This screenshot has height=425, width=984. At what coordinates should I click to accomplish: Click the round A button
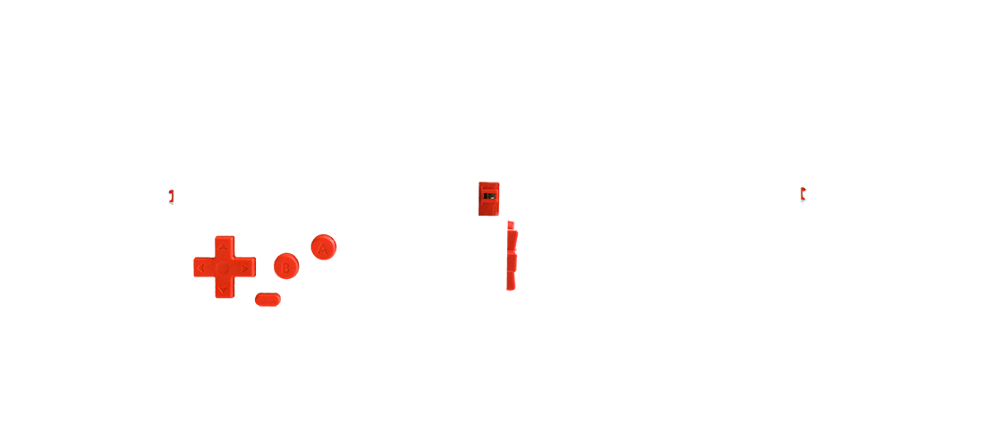[323, 248]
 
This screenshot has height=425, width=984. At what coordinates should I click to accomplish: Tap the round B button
[284, 266]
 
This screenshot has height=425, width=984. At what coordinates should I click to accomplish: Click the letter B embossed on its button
[285, 266]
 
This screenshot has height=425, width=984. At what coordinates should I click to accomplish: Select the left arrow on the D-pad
[201, 268]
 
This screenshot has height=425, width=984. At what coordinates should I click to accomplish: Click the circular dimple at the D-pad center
[222, 268]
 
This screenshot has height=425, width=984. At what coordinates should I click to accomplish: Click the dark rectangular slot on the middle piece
[488, 195]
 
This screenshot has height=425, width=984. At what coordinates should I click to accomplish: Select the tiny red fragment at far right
[803, 192]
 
